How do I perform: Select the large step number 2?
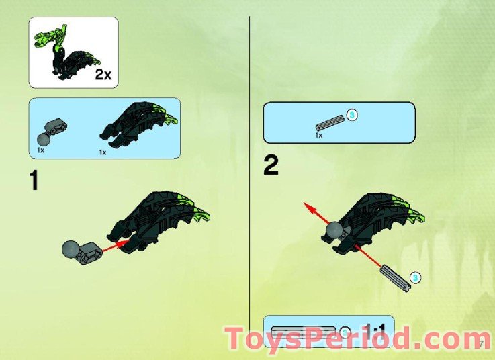(x=271, y=165)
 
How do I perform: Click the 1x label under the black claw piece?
(x=103, y=152)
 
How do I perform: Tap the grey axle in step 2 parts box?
(x=329, y=122)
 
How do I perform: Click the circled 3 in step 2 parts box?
(x=351, y=115)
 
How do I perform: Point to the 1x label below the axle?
(x=319, y=135)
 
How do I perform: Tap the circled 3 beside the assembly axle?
(x=416, y=276)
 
